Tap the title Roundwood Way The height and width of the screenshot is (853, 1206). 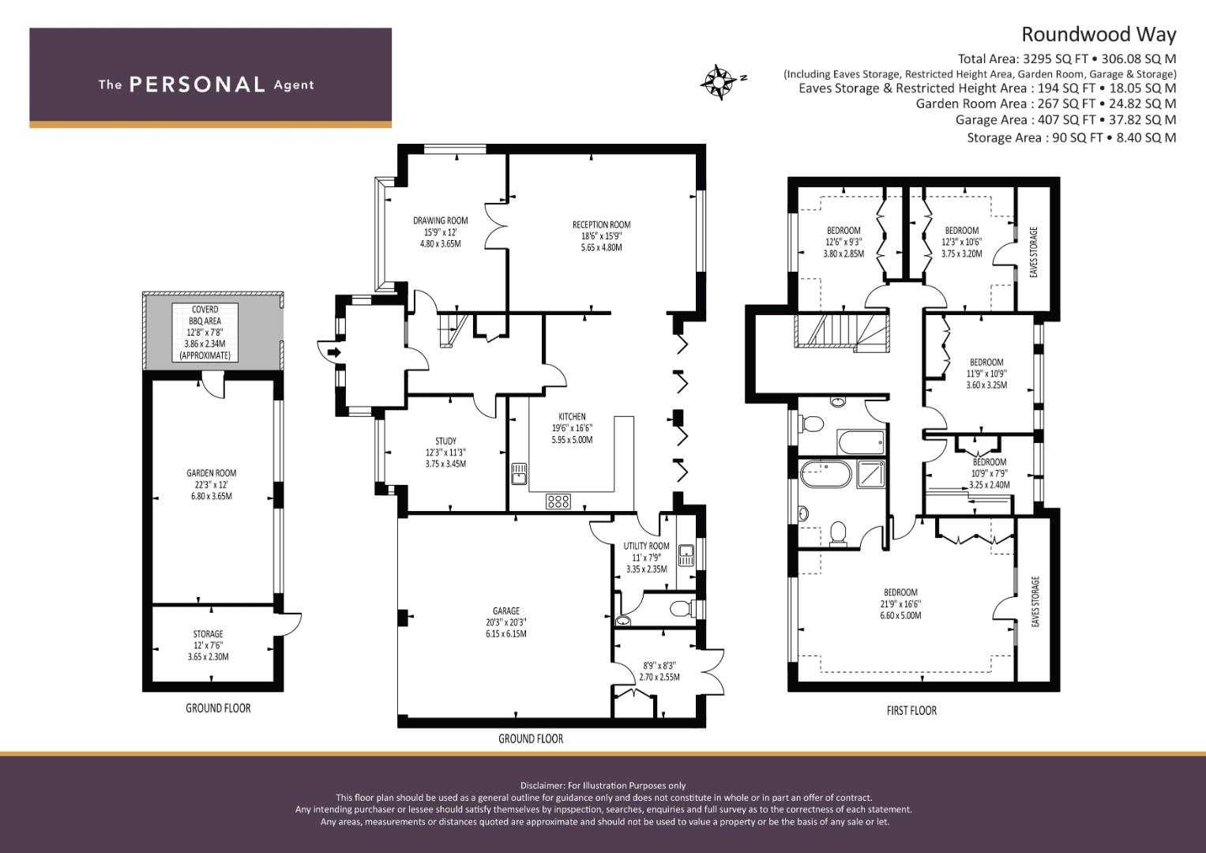pos(1098,35)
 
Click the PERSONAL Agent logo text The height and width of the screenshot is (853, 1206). pos(206,85)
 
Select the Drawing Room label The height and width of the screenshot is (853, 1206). pos(440,221)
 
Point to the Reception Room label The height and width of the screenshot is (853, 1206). pos(601,225)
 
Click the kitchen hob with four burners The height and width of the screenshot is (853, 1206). pos(558,501)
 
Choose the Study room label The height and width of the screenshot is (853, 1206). pos(445,442)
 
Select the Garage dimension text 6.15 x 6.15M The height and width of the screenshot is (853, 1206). pos(506,633)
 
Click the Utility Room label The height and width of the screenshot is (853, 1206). pos(646,546)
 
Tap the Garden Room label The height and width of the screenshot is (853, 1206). pos(211,474)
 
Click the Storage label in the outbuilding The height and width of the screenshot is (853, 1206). pos(209,634)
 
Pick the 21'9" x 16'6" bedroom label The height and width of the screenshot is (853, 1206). pos(900,593)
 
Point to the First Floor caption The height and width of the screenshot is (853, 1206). pos(911,710)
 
